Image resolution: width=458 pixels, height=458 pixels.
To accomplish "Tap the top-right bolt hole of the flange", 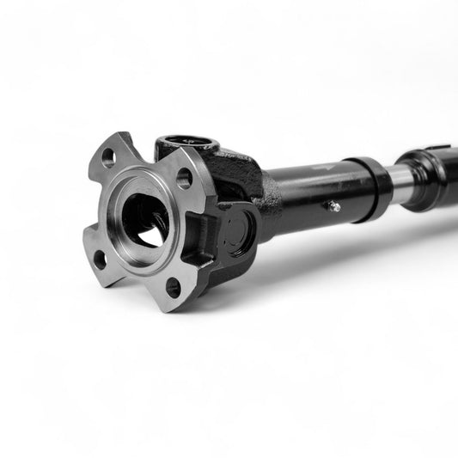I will (184, 179).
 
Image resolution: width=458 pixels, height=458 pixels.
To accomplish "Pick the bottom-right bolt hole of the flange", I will (174, 286).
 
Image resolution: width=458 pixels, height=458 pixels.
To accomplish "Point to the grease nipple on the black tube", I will (333, 205).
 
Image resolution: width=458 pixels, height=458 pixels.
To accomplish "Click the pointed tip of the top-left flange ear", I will (120, 135).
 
